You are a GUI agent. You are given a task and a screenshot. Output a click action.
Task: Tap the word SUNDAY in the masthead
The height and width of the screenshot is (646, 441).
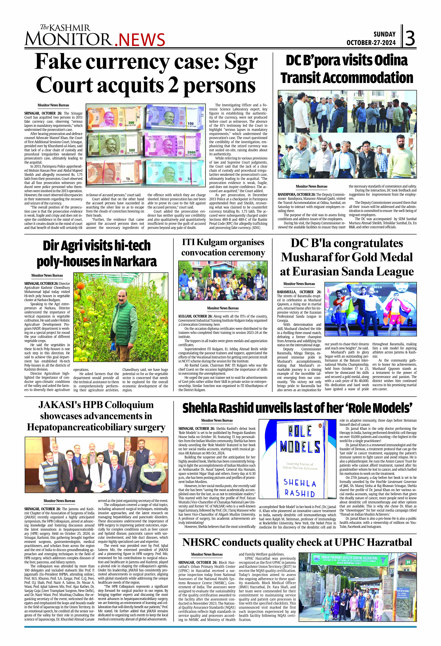[384, 34]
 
